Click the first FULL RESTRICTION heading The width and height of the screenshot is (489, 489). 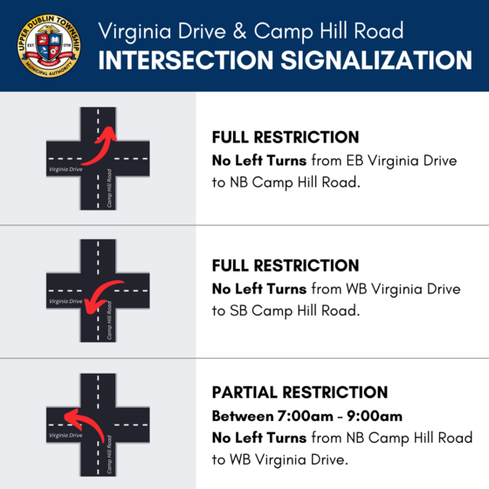[286, 138]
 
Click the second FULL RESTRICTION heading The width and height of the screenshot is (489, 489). [286, 265]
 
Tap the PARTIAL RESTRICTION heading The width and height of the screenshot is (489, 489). [300, 393]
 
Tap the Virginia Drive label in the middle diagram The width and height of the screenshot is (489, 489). [66, 301]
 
